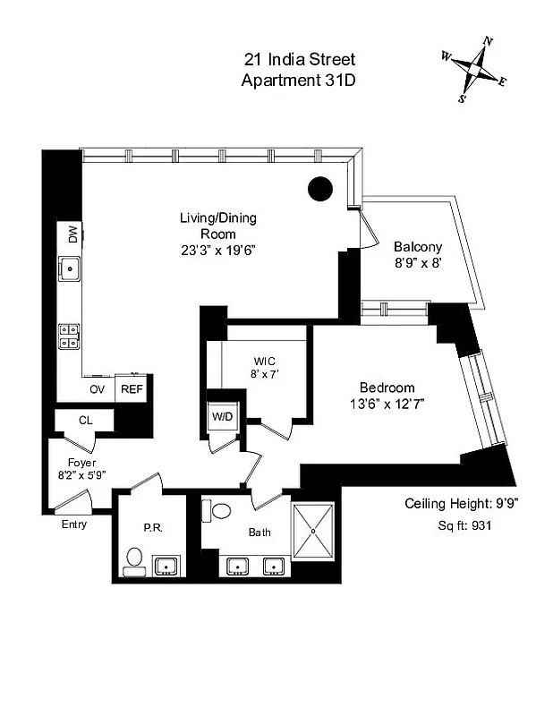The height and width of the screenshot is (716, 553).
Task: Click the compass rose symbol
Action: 474,67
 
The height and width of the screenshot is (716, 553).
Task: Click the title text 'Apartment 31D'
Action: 299,80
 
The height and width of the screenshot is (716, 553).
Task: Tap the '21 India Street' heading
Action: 299,60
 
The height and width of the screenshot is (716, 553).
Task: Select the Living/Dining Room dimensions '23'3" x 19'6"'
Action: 218,251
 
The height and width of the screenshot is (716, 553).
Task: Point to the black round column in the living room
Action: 320,188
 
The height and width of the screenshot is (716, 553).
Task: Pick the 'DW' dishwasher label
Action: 72,234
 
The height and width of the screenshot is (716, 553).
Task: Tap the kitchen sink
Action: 70,267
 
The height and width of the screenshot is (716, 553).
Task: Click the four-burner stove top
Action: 70,336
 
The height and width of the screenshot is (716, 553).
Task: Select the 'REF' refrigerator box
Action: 132,389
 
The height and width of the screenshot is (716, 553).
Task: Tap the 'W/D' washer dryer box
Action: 223,417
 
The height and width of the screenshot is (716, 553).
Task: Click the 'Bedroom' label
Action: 387,388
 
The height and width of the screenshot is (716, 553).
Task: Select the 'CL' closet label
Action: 85,419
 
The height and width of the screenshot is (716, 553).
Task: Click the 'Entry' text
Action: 74,524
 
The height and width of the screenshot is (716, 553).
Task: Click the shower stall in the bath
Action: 314,531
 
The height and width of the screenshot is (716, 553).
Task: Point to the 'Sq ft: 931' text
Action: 463,525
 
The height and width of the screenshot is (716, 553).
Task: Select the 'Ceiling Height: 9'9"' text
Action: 463,502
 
